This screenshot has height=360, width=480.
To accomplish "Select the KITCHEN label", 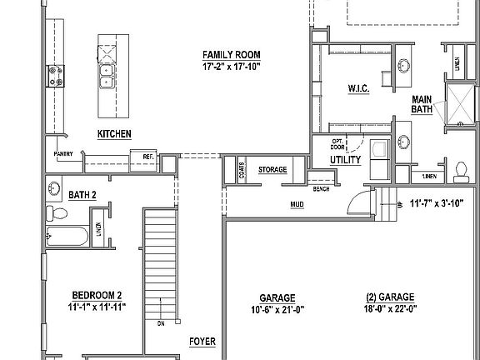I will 114,133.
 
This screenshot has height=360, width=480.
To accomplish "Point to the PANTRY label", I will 63,153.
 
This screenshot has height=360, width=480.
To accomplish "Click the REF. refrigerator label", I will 148,156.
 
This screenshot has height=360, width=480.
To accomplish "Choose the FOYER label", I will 202,341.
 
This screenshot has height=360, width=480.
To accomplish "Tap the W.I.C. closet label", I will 359,88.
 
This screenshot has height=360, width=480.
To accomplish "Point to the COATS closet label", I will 242,170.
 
